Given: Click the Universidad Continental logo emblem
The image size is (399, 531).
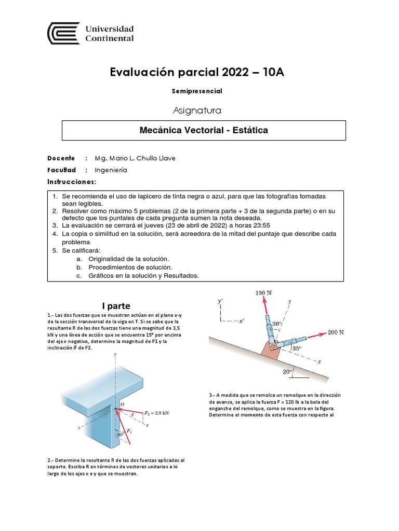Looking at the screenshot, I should pos(63,34).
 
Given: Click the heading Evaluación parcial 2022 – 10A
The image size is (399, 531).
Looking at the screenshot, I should pos(197,72).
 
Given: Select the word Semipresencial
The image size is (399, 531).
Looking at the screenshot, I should pos(197,91).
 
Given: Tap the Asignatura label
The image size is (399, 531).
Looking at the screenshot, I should pos(197,110).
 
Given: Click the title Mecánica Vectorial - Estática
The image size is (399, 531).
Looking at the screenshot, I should pos(204,130).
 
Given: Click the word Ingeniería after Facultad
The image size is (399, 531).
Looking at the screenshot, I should pos(111,170).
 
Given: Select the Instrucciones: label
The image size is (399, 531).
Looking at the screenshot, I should pos(72,182).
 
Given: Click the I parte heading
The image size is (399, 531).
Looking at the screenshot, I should pos(115,305).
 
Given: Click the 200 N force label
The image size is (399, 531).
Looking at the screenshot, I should pos(336,332).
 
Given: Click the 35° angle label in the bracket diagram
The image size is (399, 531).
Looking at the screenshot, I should pos(296,349).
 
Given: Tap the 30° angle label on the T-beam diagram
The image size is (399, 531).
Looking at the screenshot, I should pos(121,435).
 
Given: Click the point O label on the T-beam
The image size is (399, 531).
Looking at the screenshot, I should pos(122,404).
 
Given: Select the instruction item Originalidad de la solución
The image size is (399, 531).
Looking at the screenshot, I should pos(129,258).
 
